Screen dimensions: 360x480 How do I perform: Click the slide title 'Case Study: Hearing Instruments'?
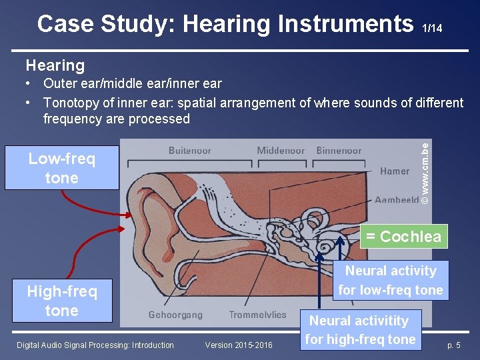(225, 24)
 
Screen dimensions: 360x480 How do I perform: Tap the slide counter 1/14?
(431, 28)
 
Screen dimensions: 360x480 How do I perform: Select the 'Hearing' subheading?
(55, 65)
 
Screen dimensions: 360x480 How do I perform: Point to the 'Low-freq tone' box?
(61, 169)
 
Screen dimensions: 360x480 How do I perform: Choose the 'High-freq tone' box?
(61, 301)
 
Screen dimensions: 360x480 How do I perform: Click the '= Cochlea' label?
(402, 237)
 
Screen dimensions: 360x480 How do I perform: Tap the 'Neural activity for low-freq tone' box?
(390, 280)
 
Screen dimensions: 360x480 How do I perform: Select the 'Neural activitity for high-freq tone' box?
(360, 330)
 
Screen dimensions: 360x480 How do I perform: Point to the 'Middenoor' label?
(281, 151)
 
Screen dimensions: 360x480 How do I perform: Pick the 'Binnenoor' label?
(339, 151)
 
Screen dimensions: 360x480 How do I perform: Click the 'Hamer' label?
(395, 171)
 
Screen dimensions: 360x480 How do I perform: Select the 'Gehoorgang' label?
(175, 315)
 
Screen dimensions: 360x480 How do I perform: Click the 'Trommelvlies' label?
(257, 315)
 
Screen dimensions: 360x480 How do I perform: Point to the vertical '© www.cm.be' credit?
(426, 172)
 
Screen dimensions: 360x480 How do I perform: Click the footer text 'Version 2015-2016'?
(239, 345)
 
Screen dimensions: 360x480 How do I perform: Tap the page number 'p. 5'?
(453, 345)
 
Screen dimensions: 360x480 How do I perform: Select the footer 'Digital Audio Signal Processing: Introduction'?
(95, 345)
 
